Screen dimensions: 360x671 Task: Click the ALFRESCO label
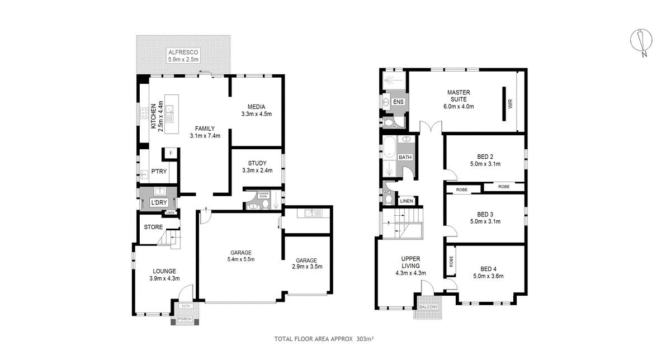pos(183,52)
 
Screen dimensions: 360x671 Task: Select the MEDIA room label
pos(256,107)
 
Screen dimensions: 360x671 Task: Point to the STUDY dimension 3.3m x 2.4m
pos(257,170)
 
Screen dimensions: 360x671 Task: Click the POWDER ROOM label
pos(263,195)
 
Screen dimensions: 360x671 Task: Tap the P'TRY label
pos(159,172)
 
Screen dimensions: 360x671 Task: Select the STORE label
pos(153,228)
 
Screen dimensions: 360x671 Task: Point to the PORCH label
pos(185,319)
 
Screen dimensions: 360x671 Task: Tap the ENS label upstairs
pos(398,102)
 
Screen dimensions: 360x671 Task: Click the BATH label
pos(405,158)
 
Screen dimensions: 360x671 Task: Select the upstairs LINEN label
pos(406,201)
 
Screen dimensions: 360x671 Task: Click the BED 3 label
pos(485,214)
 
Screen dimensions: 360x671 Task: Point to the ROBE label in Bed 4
pos(451,261)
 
